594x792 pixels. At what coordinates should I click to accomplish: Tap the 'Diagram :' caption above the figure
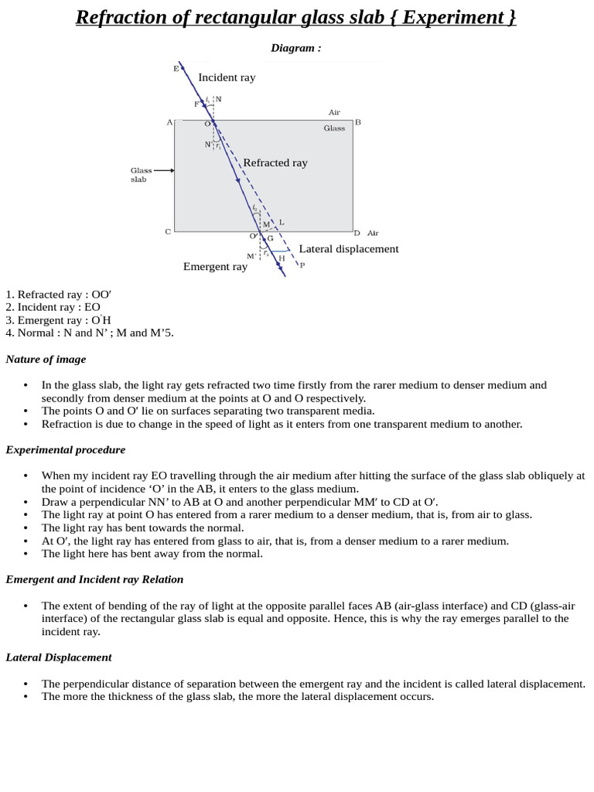tap(295, 48)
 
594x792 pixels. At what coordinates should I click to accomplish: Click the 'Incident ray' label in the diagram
tap(227, 77)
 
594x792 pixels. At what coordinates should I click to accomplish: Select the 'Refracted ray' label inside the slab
tap(275, 162)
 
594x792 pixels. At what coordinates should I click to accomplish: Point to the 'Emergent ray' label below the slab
tap(215, 267)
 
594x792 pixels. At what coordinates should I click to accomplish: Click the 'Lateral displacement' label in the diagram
tap(349, 249)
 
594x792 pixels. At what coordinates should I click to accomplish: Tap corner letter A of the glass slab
tap(169, 122)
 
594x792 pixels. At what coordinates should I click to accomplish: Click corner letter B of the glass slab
tap(358, 122)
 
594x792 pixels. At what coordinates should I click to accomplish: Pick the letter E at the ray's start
tap(176, 69)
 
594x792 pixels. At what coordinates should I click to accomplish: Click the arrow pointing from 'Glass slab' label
tap(164, 170)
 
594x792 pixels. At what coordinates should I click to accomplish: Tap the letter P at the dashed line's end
tap(302, 265)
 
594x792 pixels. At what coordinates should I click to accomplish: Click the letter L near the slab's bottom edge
tap(282, 223)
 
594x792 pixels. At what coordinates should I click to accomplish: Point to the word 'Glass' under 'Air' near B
tap(334, 128)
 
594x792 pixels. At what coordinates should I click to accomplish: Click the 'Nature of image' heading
tap(46, 359)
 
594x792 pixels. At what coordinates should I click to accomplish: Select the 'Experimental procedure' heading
tap(65, 449)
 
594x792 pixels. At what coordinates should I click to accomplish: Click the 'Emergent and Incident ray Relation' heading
tap(94, 579)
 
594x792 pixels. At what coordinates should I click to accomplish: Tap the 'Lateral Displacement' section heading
tap(59, 657)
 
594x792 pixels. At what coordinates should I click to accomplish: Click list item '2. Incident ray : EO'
tap(52, 307)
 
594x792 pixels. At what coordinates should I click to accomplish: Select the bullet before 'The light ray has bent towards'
tap(26, 528)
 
